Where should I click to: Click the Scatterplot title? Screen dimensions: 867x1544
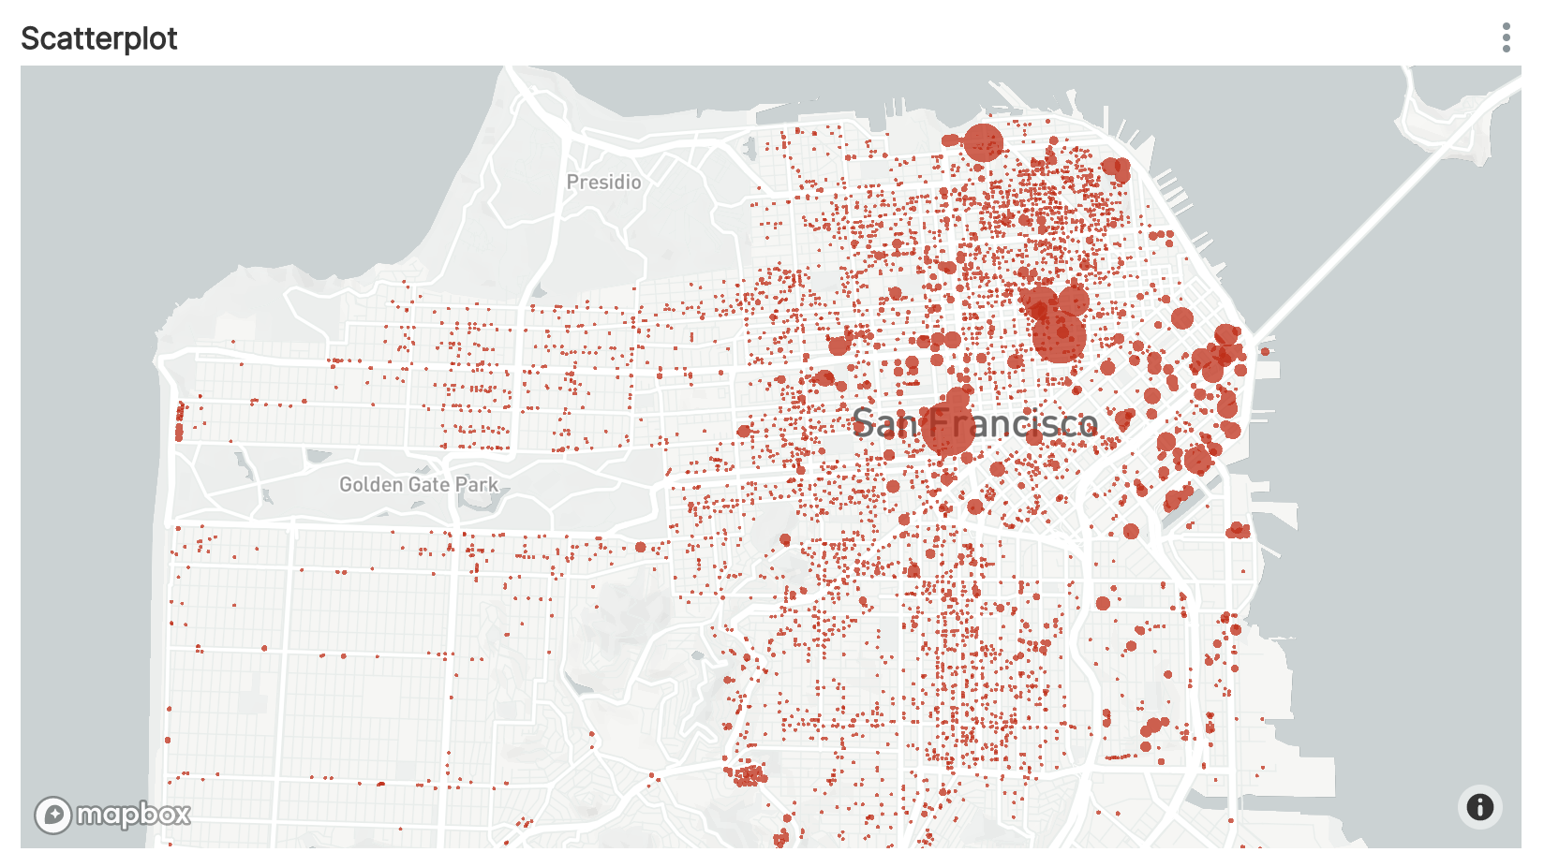pos(99,38)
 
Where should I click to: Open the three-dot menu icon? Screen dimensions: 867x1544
pos(1506,37)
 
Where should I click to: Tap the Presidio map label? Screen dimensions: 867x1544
pos(603,182)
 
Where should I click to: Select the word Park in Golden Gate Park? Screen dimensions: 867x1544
pos(477,484)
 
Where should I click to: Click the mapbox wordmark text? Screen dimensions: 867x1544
pos(133,815)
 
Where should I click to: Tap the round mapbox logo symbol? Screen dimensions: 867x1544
pos(52,815)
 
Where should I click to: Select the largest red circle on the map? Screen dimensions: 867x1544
pos(1059,337)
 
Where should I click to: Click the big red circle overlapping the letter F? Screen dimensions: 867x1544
pos(947,429)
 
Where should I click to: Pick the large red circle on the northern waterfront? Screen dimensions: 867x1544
pos(983,142)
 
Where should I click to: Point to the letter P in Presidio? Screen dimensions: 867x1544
pos(572,182)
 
